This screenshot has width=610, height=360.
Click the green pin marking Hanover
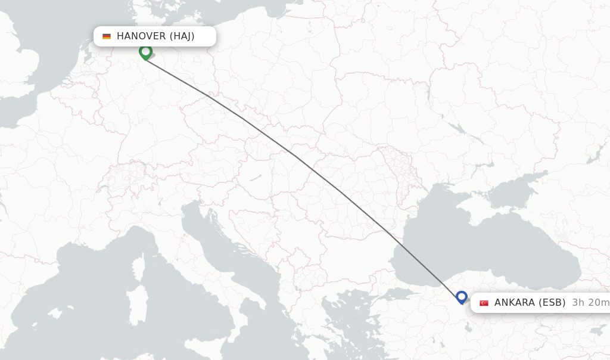point(145,52)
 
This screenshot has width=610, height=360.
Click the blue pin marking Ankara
point(461,296)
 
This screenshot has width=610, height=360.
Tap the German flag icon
point(107,36)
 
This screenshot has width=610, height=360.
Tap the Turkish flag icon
point(484,303)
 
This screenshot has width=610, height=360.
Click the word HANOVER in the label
point(141,36)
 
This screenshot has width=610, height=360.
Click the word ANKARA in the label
point(514,303)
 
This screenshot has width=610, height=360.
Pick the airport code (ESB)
point(552,303)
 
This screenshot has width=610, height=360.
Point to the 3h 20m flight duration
point(590,303)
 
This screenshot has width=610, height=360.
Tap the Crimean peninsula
point(471,206)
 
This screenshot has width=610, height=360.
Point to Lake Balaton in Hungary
point(257,177)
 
